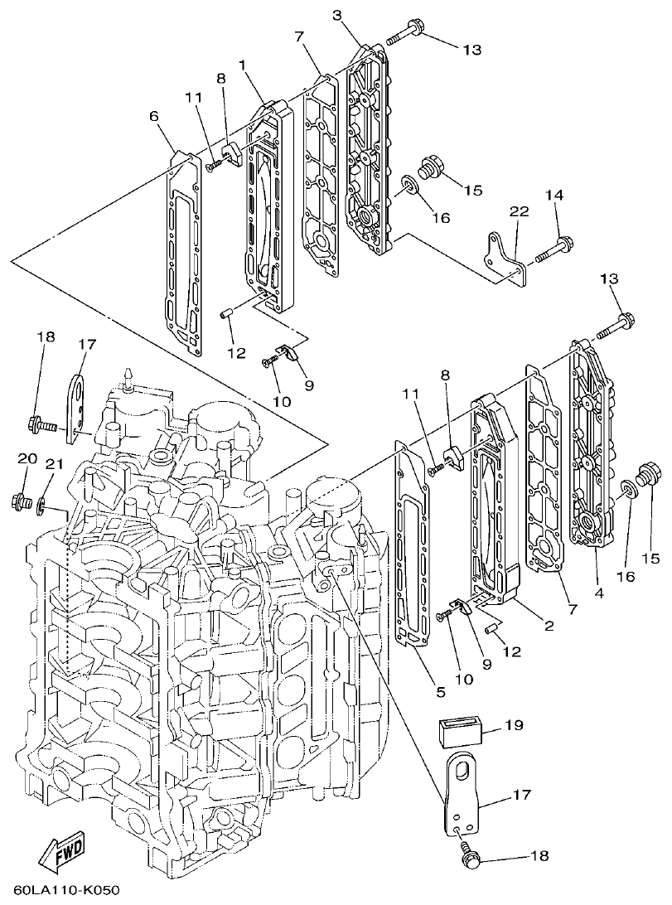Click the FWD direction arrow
(60, 861)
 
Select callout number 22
(519, 212)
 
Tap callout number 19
(514, 726)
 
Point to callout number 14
(555, 195)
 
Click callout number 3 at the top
(337, 15)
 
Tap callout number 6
(154, 118)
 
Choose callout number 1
(242, 64)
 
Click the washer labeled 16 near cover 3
(410, 184)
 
